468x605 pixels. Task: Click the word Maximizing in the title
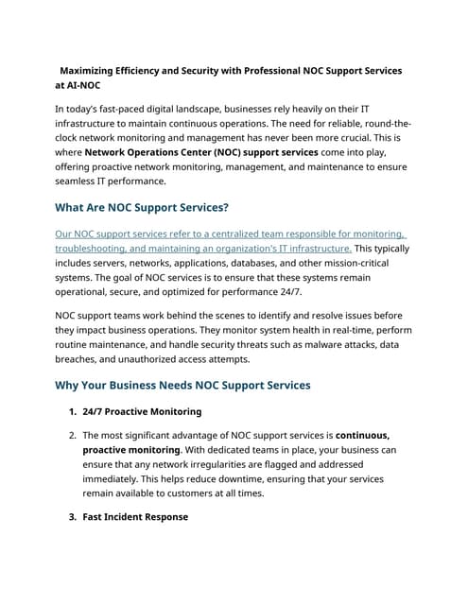pos(93,71)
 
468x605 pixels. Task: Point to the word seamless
pos(82,181)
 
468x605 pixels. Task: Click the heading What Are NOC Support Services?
pos(142,208)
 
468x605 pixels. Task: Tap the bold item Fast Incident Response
pos(135,517)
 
